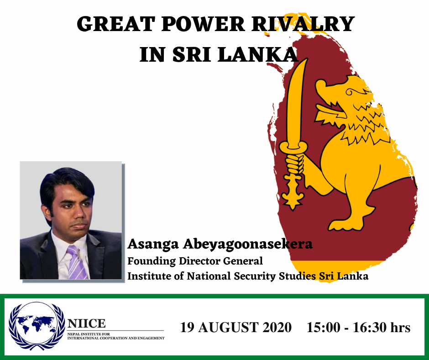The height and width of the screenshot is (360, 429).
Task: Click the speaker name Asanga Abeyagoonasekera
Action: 220,244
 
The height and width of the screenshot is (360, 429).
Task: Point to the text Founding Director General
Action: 195,260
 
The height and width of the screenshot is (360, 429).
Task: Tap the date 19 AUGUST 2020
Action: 235,328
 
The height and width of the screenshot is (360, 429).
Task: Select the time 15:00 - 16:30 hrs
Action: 358,328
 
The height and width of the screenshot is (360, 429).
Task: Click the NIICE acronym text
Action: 86,323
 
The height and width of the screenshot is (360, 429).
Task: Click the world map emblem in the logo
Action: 37,326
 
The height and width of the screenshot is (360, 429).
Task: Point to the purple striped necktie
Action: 77,262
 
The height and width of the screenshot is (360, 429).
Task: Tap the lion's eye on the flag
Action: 350,92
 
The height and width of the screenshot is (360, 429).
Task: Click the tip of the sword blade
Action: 306,59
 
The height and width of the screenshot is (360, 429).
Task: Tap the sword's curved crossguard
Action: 293,148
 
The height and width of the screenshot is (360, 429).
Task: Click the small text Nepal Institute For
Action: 89,334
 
